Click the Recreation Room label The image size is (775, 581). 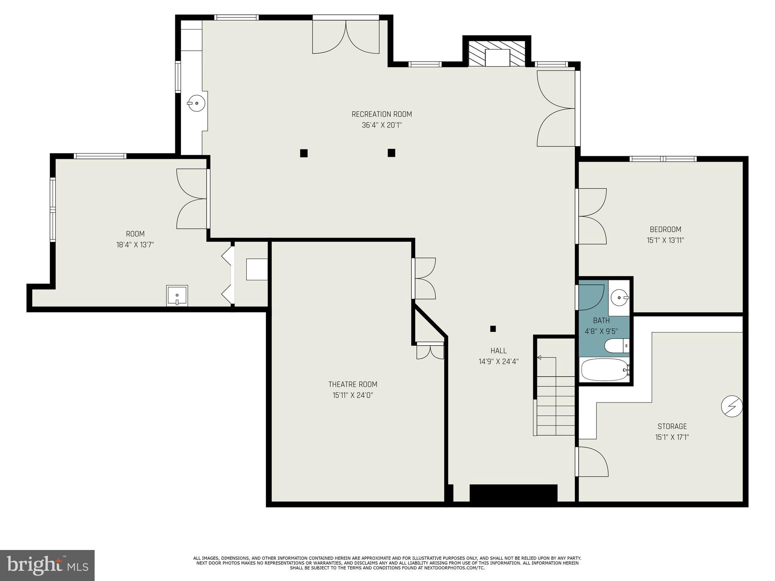(381, 114)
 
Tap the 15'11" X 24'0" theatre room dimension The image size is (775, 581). (353, 395)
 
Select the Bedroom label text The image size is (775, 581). (665, 229)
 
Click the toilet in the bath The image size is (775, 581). (616, 345)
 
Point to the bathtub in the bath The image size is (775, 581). (604, 370)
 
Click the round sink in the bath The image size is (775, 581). (619, 298)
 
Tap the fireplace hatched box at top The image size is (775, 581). (497, 53)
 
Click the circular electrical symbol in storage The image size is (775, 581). (732, 406)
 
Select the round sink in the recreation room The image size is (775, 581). (196, 103)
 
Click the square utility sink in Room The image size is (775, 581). (177, 295)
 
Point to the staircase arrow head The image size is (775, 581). (539, 357)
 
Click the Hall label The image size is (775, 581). (498, 351)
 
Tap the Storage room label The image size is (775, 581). (672, 426)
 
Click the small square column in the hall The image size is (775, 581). (493, 329)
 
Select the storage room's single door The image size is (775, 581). (592, 461)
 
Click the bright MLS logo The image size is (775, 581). (47, 565)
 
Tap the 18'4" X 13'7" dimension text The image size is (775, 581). (135, 245)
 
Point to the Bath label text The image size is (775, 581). (601, 320)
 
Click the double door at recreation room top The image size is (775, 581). (345, 36)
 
